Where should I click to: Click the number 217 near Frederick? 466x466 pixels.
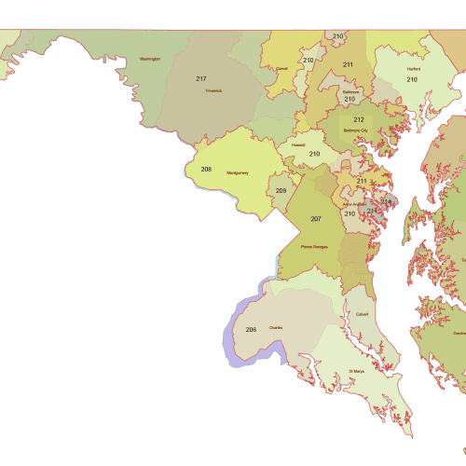point(201,78)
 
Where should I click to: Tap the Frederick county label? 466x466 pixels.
point(213,90)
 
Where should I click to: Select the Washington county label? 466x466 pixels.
point(150,59)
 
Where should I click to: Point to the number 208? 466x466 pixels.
point(206,170)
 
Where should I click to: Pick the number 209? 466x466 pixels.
point(281,191)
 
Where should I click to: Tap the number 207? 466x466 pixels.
point(316,219)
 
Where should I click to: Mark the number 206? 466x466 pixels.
point(251,330)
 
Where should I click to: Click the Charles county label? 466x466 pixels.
point(276,328)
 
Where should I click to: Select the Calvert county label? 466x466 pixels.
point(362,314)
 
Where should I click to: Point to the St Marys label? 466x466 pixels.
point(356,371)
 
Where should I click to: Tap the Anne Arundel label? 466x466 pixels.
point(354,203)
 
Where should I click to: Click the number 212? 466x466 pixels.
point(359,119)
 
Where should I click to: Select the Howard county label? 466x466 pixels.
point(298,145)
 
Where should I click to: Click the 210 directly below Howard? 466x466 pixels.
point(315,154)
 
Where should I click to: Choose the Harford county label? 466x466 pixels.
point(413,69)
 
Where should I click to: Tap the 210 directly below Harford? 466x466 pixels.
point(411,80)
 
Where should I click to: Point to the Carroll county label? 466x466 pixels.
point(281,68)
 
